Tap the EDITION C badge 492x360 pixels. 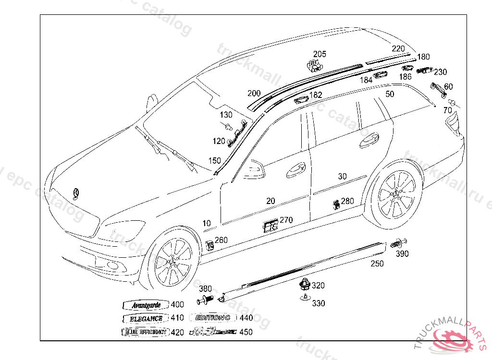coord(212,318)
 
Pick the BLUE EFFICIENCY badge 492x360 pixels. coord(145,332)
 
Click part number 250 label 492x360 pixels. coord(377,264)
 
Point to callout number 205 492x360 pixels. coord(320,54)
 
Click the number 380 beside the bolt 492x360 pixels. coord(205,288)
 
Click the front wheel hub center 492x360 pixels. coord(174,262)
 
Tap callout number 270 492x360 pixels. coord(286,220)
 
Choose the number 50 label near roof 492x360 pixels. coord(390,94)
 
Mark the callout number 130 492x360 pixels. coord(226,115)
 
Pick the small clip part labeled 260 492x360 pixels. coord(210,244)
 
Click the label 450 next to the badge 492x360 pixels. coord(246,332)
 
